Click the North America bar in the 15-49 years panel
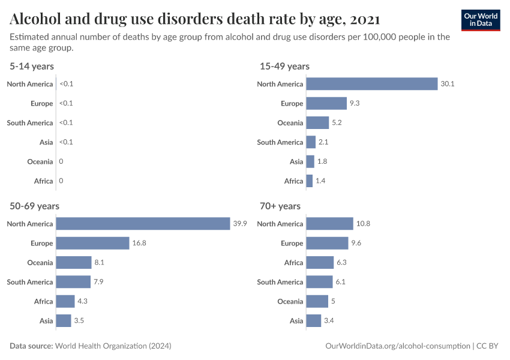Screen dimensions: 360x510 [x=371, y=84]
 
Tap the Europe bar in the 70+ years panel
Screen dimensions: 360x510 [x=327, y=243]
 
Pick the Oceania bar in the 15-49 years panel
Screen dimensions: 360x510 [x=317, y=123]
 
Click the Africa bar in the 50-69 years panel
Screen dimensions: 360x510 [x=65, y=301]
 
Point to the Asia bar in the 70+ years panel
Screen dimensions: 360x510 [x=314, y=320]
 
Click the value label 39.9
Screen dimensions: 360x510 [x=240, y=224]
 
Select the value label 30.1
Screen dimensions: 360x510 [x=448, y=84]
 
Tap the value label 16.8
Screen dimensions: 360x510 [x=139, y=243]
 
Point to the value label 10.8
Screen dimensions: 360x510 [x=363, y=224]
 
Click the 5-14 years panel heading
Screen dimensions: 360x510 [x=32, y=67]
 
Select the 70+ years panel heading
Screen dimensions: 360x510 [x=280, y=206]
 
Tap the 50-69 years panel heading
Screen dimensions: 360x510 [x=34, y=206]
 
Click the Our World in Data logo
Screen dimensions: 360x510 [x=481, y=20]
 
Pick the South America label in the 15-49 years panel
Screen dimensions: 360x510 [x=280, y=142]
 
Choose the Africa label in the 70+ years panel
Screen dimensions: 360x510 [x=293, y=262]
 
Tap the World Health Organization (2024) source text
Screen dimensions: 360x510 [x=113, y=346]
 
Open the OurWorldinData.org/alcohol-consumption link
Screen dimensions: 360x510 [x=397, y=346]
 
